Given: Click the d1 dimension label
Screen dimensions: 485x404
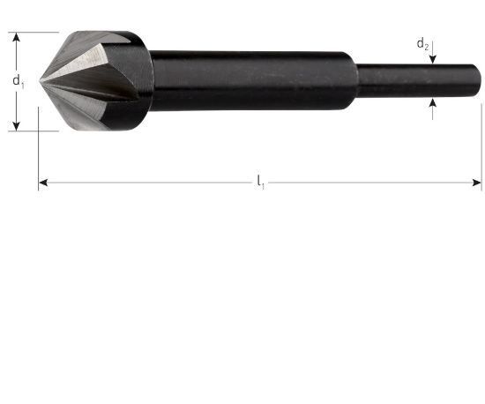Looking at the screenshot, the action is tap(18, 81).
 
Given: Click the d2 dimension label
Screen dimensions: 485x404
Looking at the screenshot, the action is tap(422, 44).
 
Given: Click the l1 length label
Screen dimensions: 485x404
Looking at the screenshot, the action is tap(261, 182).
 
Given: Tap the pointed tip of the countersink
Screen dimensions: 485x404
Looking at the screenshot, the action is tap(41, 81).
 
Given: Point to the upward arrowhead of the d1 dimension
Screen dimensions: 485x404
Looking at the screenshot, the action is tap(16, 37).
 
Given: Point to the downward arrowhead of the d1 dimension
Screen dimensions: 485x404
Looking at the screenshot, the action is tap(16, 125).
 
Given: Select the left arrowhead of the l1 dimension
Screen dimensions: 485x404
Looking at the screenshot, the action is tap(43, 183).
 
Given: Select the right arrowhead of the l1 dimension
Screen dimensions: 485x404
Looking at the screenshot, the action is tap(477, 183).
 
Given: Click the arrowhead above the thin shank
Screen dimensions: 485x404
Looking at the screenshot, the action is tap(432, 59).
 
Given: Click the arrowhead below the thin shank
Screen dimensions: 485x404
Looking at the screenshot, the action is tap(432, 103).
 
